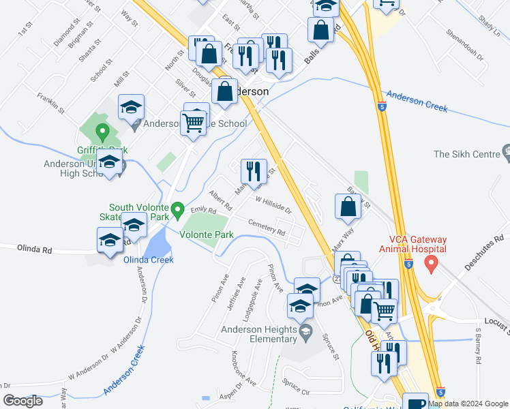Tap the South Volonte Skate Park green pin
(178, 209)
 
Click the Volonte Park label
(207, 235)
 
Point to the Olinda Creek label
(148, 260)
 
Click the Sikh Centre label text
(467, 154)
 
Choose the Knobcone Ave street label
(243, 367)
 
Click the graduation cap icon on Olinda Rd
(109, 241)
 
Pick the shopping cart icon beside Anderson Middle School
(194, 123)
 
